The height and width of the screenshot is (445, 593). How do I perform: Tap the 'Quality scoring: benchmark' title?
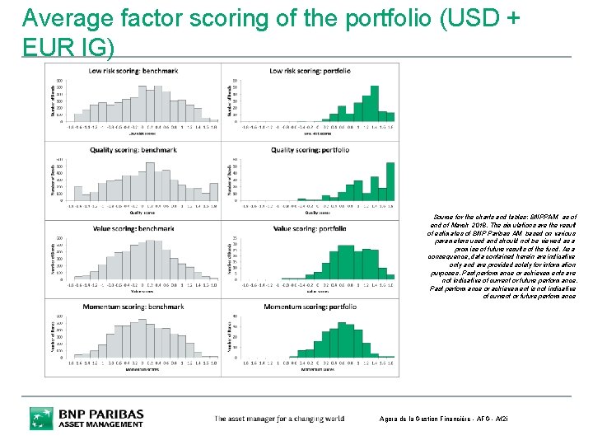pyautogui.click(x=133, y=150)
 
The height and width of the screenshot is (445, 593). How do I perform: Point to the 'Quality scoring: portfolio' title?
pyautogui.click(x=311, y=150)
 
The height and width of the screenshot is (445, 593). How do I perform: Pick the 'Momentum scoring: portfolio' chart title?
pyautogui.click(x=310, y=307)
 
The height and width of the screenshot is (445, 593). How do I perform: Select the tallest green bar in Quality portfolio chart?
pyautogui.click(x=390, y=181)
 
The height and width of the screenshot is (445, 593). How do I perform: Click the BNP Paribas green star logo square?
pyautogui.click(x=41, y=419)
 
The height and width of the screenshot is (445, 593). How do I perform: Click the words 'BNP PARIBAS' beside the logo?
pyautogui.click(x=100, y=414)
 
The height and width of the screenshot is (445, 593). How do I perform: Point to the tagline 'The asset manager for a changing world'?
pyautogui.click(x=279, y=419)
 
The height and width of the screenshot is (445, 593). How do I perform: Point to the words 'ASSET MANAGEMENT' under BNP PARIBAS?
pyautogui.click(x=100, y=425)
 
